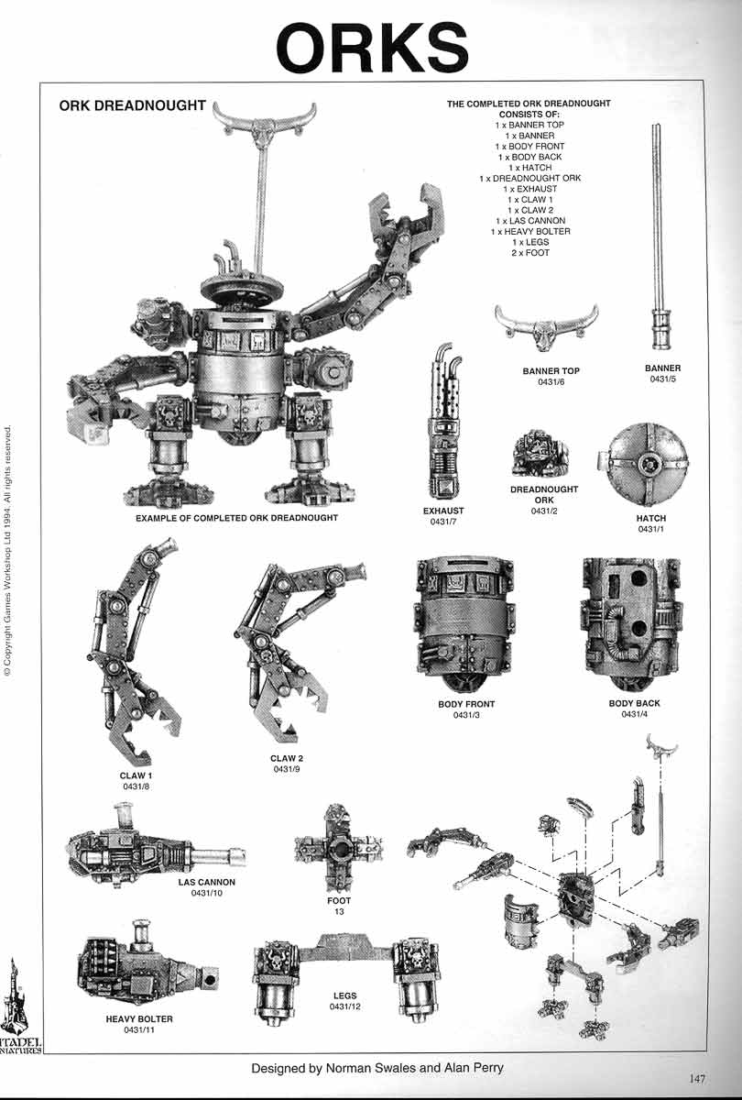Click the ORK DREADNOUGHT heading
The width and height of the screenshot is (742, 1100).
coord(132,105)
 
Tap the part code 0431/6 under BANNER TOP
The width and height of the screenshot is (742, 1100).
coord(551,382)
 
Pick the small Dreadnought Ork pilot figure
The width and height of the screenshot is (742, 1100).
coord(540,456)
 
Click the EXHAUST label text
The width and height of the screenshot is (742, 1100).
coord(443,511)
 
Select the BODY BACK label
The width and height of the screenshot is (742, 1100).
coord(634,704)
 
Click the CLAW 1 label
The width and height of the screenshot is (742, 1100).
coord(136,776)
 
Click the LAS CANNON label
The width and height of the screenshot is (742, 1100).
coord(207,883)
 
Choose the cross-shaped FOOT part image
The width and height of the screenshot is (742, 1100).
coord(338,849)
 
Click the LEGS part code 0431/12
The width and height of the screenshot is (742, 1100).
coord(344,1006)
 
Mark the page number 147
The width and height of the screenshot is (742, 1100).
coord(698,1078)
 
